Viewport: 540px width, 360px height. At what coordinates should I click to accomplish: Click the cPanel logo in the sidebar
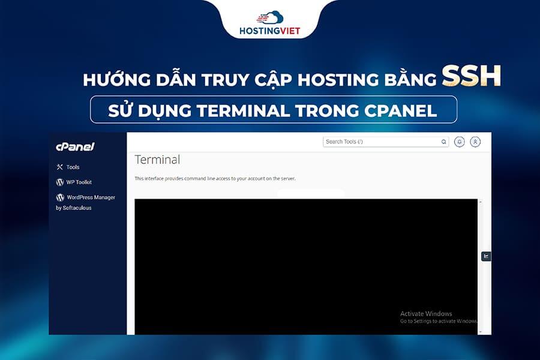[x=75, y=147]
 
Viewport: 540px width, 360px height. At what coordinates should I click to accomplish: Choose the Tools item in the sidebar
[x=73, y=167]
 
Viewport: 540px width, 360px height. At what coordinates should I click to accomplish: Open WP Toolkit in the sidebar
[x=79, y=182]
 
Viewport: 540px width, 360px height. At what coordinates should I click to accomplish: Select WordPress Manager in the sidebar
[x=91, y=197]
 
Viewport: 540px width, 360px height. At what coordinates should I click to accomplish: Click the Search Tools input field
[x=381, y=142]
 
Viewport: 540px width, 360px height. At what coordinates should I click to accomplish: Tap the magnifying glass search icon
[x=444, y=142]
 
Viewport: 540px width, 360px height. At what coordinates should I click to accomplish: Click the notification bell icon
[x=460, y=142]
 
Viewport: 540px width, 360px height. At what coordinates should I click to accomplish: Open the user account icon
[x=475, y=142]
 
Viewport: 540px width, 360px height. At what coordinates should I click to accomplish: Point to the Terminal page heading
[x=157, y=160]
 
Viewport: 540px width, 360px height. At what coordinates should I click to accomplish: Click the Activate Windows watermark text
[x=426, y=314]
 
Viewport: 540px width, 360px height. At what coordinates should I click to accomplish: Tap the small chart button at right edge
[x=486, y=256]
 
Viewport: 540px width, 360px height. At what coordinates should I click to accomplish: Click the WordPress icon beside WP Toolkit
[x=60, y=182]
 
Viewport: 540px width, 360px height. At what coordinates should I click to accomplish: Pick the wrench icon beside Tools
[x=59, y=167]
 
